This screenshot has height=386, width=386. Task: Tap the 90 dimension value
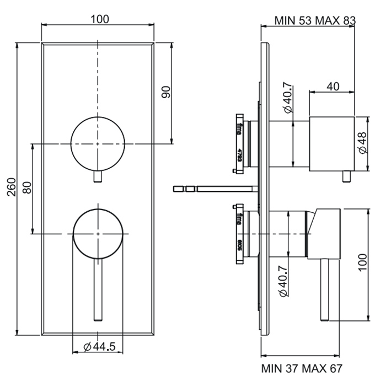pyautogui.click(x=167, y=92)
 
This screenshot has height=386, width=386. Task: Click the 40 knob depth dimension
pyautogui.click(x=333, y=86)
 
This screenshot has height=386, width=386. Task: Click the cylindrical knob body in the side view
pyautogui.click(x=331, y=143)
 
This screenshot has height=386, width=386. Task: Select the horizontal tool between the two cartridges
pyautogui.click(x=215, y=189)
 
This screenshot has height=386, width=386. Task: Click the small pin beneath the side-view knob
pyautogui.click(x=346, y=176)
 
